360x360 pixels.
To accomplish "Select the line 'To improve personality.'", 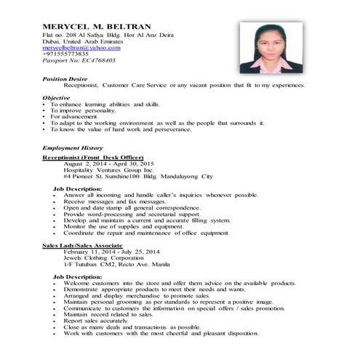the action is pos(84,111).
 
